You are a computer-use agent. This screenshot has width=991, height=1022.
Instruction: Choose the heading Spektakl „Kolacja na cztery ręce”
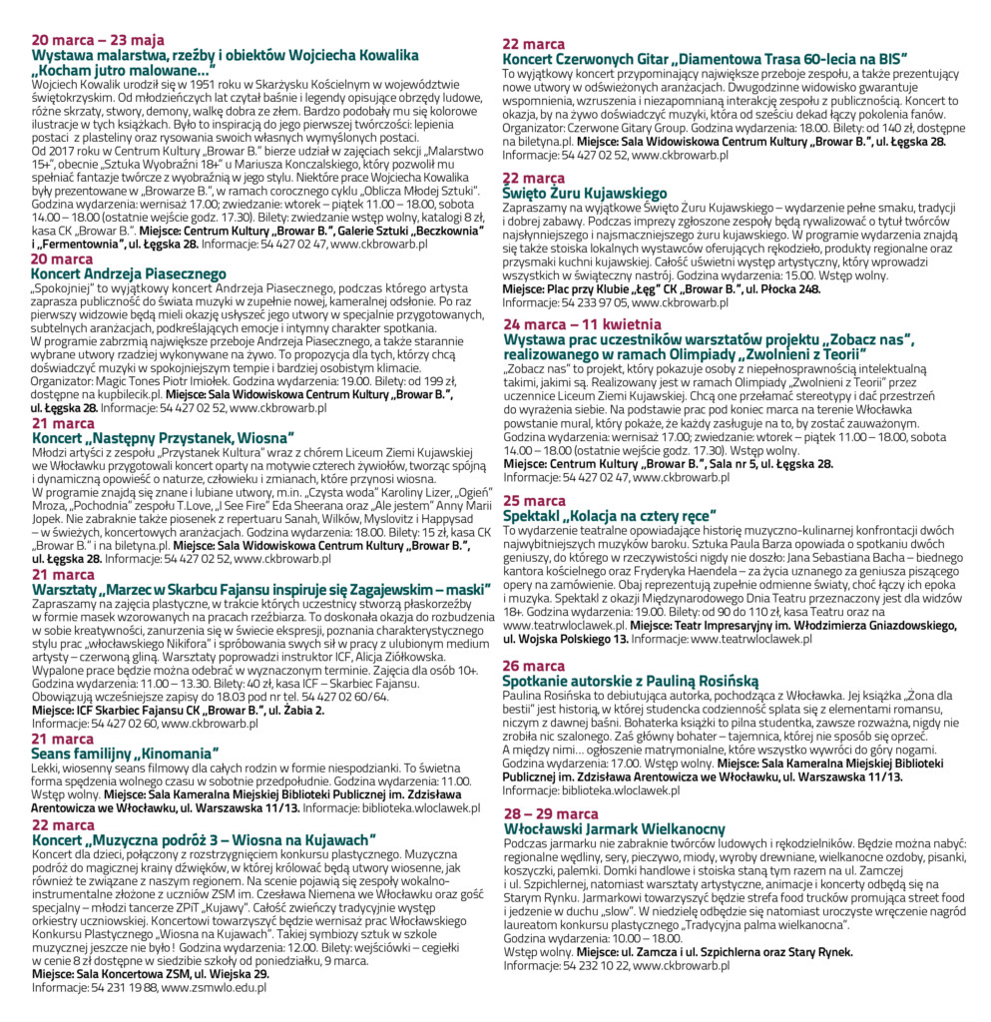622,516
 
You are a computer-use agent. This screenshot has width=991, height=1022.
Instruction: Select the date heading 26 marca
534,666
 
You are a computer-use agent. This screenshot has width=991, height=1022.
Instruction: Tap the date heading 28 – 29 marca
551,814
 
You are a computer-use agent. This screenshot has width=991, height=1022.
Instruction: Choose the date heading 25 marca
534,501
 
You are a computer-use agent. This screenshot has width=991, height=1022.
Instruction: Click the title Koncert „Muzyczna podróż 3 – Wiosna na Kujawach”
204,839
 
